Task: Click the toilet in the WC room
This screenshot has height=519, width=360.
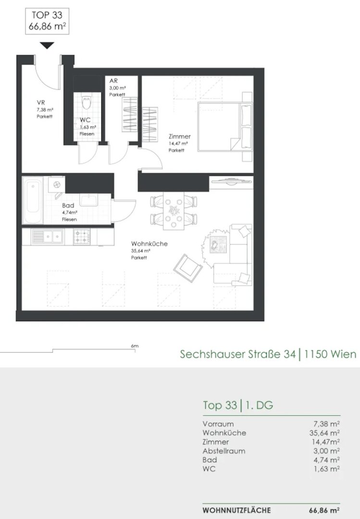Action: coord(87,102)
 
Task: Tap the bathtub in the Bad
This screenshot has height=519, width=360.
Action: coord(33,200)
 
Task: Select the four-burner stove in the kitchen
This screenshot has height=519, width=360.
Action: coord(82,236)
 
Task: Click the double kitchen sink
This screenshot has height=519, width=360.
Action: coord(47,236)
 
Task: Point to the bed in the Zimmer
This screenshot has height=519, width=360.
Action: coord(225,127)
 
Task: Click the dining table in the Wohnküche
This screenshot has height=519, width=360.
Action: coord(174,210)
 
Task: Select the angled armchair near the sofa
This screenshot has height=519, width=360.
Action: coord(188,268)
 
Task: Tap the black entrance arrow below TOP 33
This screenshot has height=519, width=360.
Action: coord(47,45)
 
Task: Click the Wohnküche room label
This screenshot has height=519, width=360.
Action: coord(149,244)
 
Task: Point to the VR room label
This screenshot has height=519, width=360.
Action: coord(41,103)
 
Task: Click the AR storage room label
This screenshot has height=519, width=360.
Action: coord(113,81)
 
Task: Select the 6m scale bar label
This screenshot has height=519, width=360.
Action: coord(135,346)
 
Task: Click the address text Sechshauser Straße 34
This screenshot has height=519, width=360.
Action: coord(238,354)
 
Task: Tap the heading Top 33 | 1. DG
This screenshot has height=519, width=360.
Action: coord(238,405)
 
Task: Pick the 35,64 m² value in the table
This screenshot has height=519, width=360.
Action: coord(326,432)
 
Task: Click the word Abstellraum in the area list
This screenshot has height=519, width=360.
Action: coord(224,451)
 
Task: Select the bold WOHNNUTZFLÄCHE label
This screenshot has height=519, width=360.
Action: coord(236,510)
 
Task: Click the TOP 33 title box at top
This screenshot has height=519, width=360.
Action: coord(47,21)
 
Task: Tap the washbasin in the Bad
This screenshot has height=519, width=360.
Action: coord(88,200)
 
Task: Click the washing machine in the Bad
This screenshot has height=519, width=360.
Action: coord(56,185)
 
